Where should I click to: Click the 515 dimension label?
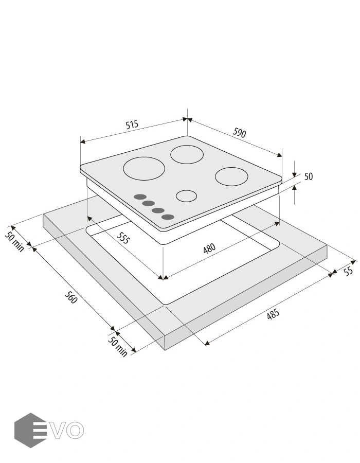[132, 124]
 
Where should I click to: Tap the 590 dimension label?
[239, 133]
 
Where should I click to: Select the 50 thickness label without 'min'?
[309, 176]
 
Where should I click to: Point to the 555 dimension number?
[123, 238]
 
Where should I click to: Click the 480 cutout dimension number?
[209, 248]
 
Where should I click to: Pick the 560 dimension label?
[71, 297]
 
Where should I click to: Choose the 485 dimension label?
[273, 314]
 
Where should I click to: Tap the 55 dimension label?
[349, 271]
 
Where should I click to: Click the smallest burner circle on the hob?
[187, 196]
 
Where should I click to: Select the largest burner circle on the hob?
[143, 169]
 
